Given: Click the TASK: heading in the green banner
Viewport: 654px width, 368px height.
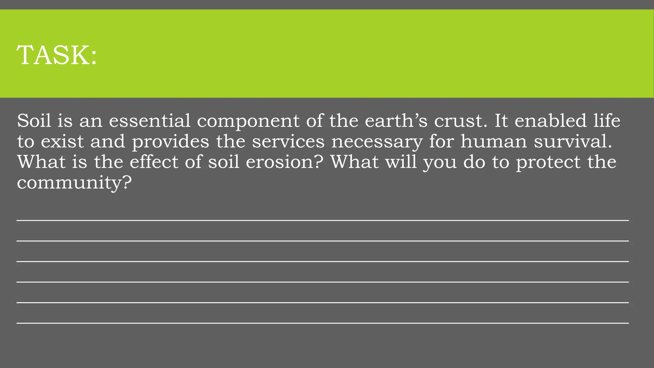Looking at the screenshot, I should pos(57,55).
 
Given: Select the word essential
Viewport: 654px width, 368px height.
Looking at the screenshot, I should pos(149,121).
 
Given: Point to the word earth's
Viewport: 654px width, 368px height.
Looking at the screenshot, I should pos(394,120).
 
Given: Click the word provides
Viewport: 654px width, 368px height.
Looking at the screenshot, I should pos(171,142).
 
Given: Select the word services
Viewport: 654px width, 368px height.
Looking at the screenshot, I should pos(288,141).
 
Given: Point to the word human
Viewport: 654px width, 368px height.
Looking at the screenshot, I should pos(493,141).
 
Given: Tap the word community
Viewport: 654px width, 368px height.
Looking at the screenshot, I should pos(69,183).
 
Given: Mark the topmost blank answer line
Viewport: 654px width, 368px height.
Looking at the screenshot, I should pos(323,220).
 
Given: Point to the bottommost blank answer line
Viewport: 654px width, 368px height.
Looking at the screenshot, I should pos(323,323).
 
